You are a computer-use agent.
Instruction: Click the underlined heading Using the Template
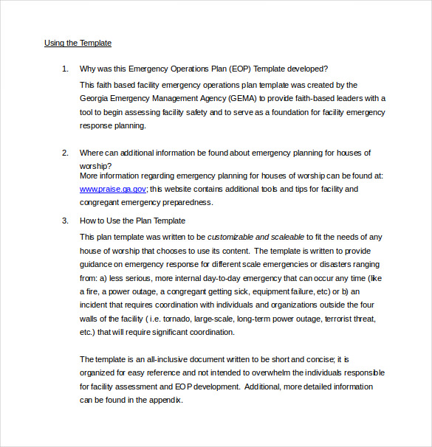click(x=78, y=43)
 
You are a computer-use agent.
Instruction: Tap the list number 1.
click(x=64, y=69)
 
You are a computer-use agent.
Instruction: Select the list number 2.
click(x=64, y=153)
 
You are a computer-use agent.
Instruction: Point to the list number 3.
click(x=64, y=221)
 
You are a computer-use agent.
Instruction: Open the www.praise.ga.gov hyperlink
click(x=113, y=189)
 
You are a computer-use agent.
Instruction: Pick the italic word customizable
click(x=230, y=237)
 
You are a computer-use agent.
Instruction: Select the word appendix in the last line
click(x=164, y=401)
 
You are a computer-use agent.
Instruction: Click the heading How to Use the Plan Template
click(x=132, y=221)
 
